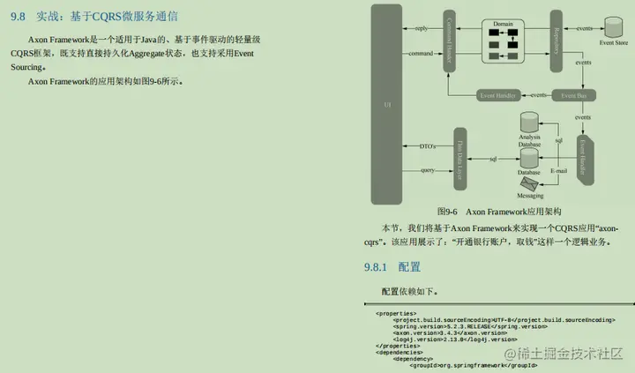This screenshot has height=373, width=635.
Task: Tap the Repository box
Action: (x=557, y=41)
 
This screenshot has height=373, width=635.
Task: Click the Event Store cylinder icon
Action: (x=613, y=26)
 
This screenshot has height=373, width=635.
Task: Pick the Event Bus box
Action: (x=574, y=94)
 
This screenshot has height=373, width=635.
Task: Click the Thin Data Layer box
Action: (x=459, y=158)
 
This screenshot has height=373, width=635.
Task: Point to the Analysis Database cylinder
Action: (x=529, y=124)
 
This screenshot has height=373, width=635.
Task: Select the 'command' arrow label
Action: (x=421, y=54)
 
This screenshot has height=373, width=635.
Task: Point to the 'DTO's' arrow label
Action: (x=428, y=145)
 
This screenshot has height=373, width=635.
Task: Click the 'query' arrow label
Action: (x=427, y=169)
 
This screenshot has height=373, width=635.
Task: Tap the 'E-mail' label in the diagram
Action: (x=558, y=169)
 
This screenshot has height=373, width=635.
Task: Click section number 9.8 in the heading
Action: (x=18, y=14)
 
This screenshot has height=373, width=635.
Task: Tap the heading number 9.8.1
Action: (x=376, y=266)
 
